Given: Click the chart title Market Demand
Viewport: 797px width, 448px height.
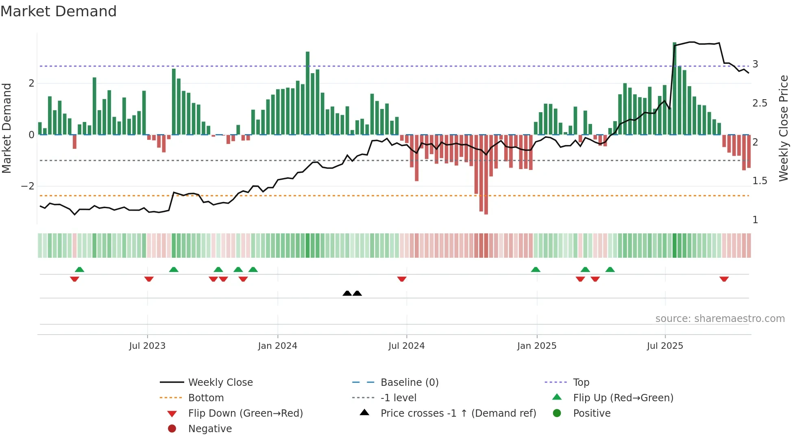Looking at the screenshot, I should coord(59,11).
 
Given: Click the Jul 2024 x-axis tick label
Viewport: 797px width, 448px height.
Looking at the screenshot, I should coord(406,346).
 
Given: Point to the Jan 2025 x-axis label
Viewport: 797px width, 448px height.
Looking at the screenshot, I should coord(536,346).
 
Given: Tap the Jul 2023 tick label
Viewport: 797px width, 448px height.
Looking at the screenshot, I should coord(147,346).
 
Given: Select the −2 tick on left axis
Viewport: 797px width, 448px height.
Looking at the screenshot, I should coord(28,186).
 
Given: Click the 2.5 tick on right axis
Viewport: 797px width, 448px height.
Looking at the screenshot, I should coord(760,103).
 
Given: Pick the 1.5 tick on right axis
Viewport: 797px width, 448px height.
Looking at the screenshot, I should coord(760,181).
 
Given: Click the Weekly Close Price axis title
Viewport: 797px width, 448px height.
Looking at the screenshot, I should coord(783,128).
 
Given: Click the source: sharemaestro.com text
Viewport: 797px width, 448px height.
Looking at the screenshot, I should coord(720,319).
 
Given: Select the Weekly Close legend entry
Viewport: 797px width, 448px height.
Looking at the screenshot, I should coord(220,383).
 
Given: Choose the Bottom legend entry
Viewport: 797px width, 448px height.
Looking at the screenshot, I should coord(206,398).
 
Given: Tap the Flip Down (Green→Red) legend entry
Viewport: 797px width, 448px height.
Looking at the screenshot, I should coord(245,413).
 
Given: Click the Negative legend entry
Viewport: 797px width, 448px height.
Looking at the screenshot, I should coord(210,429).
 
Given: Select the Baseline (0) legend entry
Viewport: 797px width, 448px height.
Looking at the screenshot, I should coord(409,383).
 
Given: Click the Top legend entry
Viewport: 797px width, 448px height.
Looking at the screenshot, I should coord(581,383).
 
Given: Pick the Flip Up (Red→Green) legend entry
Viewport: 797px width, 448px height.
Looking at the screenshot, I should coord(623,398).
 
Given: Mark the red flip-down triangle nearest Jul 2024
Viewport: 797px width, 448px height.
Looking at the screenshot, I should coord(402,279).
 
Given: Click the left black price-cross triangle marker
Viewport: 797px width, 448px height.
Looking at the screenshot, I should coord(347,293).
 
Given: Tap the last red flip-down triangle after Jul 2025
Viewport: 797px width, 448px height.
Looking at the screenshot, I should coord(724,279).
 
